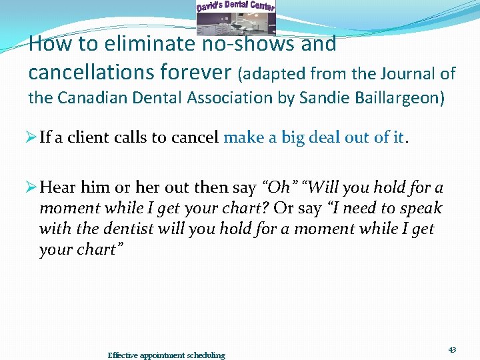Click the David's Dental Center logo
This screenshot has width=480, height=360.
click(x=235, y=17)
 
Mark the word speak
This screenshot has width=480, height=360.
click(x=419, y=209)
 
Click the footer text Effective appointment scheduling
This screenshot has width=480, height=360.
click(x=167, y=355)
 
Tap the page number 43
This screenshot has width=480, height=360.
click(x=452, y=350)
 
